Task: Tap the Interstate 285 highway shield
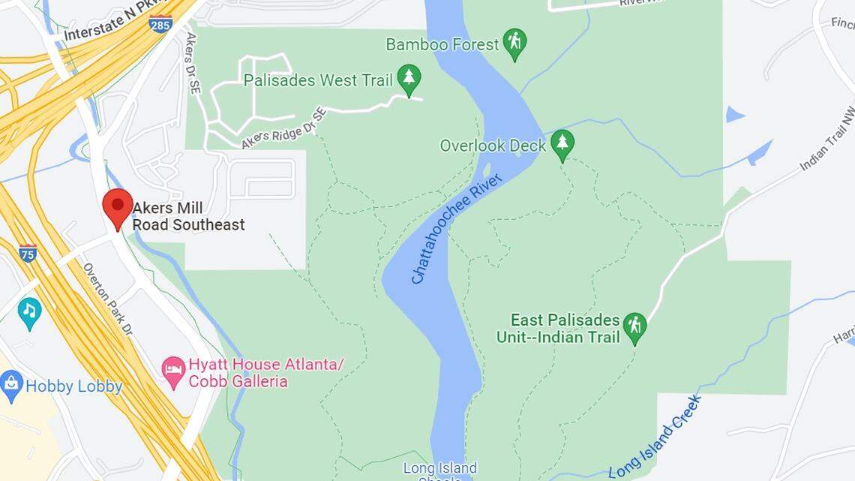pos(160,24)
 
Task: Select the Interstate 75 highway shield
pos(28,253)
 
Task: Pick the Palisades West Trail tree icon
pos(409,79)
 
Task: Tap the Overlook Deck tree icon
pos(562,144)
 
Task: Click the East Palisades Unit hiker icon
pos(635,327)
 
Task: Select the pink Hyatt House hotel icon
pos(174,371)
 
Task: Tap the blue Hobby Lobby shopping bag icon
pos(12,386)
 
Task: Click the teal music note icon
pos(30,312)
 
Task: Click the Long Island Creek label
pos(655,437)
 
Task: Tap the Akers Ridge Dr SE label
pos(284,128)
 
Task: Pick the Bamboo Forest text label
pos(442,44)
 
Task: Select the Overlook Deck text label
pos(493,146)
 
